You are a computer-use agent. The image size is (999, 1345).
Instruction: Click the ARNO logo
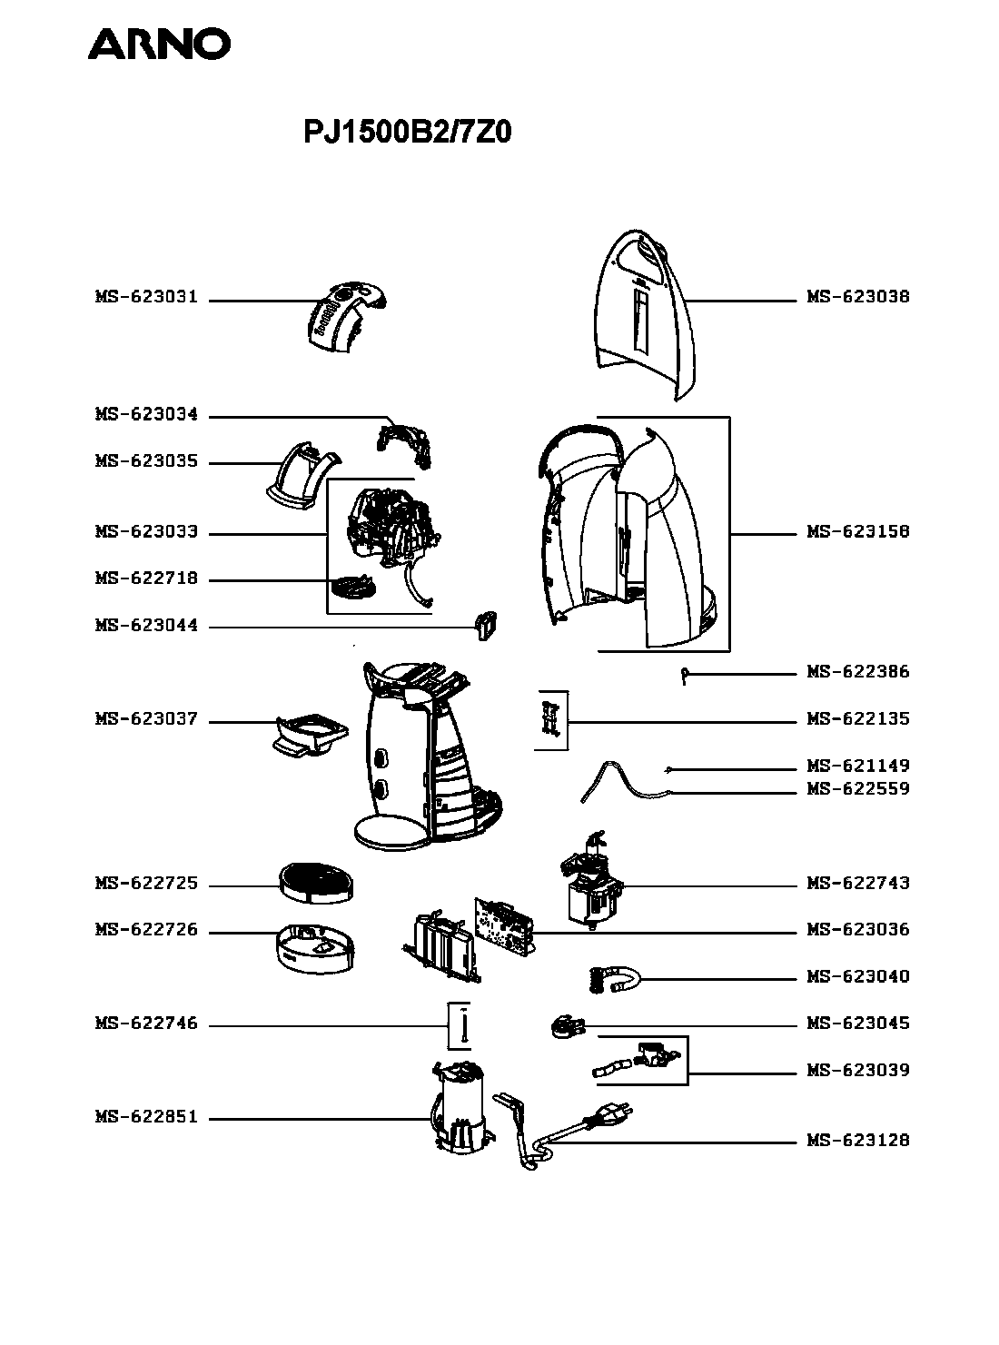(x=159, y=45)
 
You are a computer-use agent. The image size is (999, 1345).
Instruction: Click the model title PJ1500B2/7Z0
(x=407, y=132)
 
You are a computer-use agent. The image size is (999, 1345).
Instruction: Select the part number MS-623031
(x=146, y=297)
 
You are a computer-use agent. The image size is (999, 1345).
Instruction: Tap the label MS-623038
(x=857, y=297)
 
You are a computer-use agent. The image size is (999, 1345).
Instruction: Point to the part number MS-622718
(x=146, y=578)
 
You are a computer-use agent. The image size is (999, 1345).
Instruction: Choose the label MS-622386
(x=857, y=672)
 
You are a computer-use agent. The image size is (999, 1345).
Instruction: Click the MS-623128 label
(x=857, y=1140)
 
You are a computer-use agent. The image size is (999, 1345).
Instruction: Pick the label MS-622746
(x=146, y=1023)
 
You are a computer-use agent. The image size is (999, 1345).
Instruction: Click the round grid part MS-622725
(x=316, y=883)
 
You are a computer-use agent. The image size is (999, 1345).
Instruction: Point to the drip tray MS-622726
(x=315, y=948)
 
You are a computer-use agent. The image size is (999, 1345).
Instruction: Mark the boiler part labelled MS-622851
(x=463, y=1106)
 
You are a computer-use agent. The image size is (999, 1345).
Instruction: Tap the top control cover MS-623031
(x=346, y=315)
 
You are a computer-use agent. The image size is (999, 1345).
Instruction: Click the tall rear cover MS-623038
(x=645, y=315)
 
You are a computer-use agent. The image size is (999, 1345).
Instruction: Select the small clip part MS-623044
(x=485, y=625)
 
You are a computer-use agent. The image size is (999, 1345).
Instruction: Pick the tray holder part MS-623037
(x=311, y=735)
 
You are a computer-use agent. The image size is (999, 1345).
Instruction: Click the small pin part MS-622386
(x=684, y=677)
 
